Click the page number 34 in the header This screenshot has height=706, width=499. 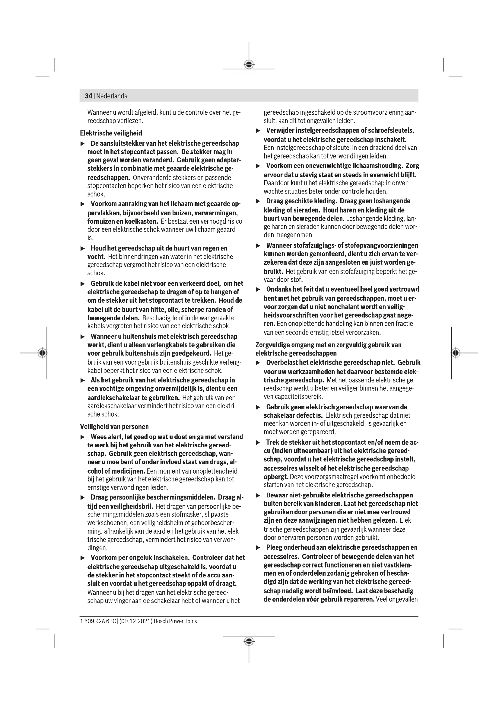[88, 96]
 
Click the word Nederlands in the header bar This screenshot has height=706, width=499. [112, 96]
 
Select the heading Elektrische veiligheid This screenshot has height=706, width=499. [111, 133]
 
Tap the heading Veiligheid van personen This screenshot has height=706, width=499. [114, 426]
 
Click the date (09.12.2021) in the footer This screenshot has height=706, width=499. [135, 621]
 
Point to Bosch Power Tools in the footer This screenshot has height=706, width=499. [175, 621]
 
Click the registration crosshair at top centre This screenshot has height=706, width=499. [249, 64]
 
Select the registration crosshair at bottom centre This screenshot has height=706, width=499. [249, 641]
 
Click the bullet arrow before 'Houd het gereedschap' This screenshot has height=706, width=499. [82, 248]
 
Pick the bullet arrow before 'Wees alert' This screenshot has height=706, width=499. [82, 437]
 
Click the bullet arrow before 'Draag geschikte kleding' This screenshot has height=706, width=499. [258, 201]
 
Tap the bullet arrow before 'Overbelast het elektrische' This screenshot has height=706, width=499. [258, 363]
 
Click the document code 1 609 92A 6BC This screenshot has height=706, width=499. [98, 621]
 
